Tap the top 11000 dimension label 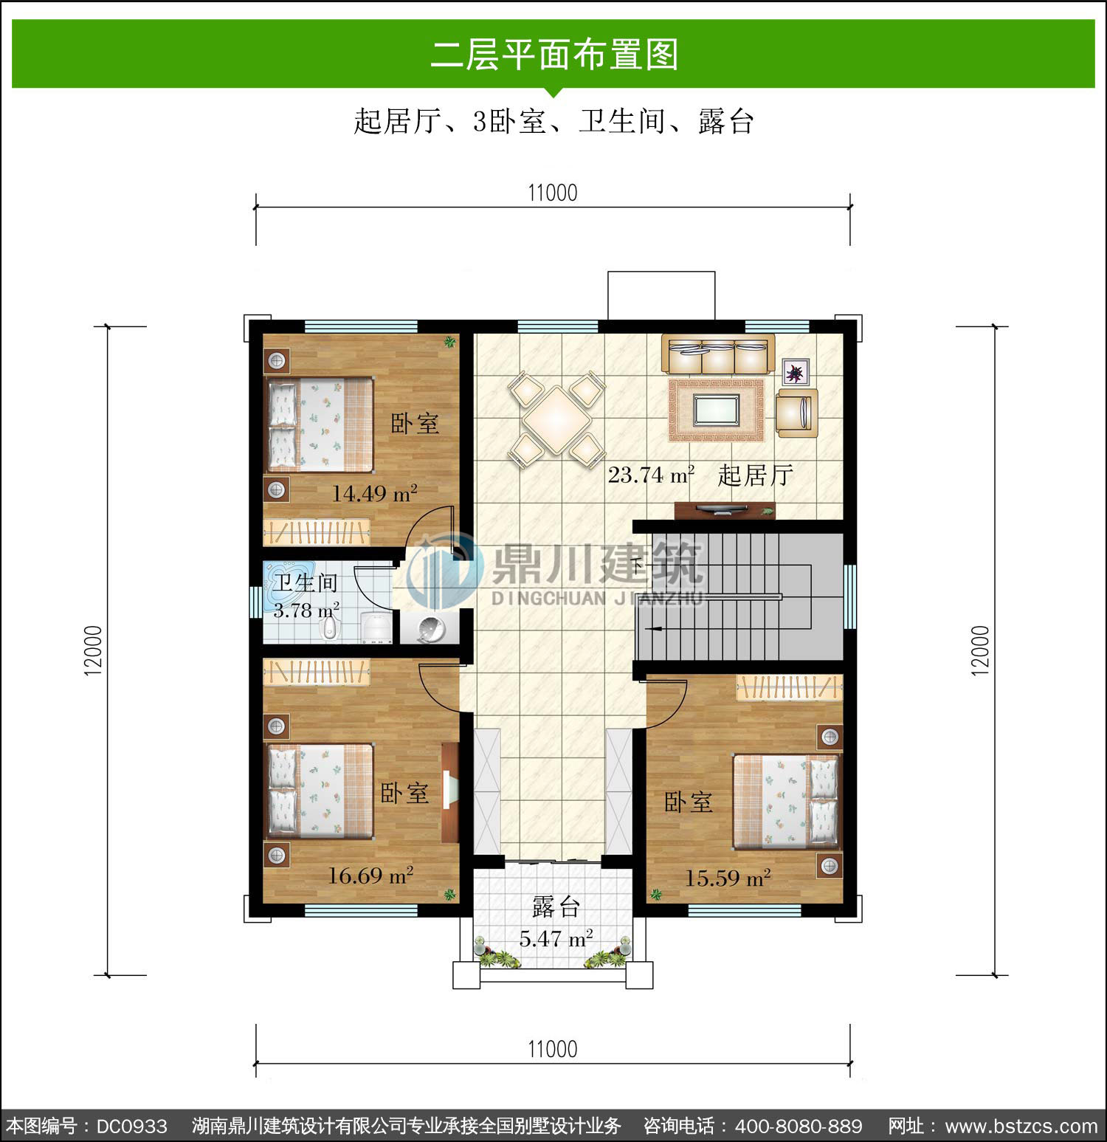click(553, 193)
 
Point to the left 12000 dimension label click(93, 650)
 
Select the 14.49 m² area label click(374, 493)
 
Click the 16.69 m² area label click(370, 876)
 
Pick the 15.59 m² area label click(728, 878)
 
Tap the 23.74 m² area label click(651, 475)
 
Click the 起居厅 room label click(755, 475)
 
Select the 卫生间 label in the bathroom click(306, 583)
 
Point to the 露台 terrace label click(556, 907)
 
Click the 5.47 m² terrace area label click(556, 939)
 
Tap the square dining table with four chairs click(557, 419)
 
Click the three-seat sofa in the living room click(717, 354)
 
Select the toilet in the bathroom click(329, 627)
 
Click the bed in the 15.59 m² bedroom click(787, 802)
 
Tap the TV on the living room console click(723, 508)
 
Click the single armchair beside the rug click(797, 413)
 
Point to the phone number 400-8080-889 click(799, 1126)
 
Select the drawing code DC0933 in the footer click(132, 1126)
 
